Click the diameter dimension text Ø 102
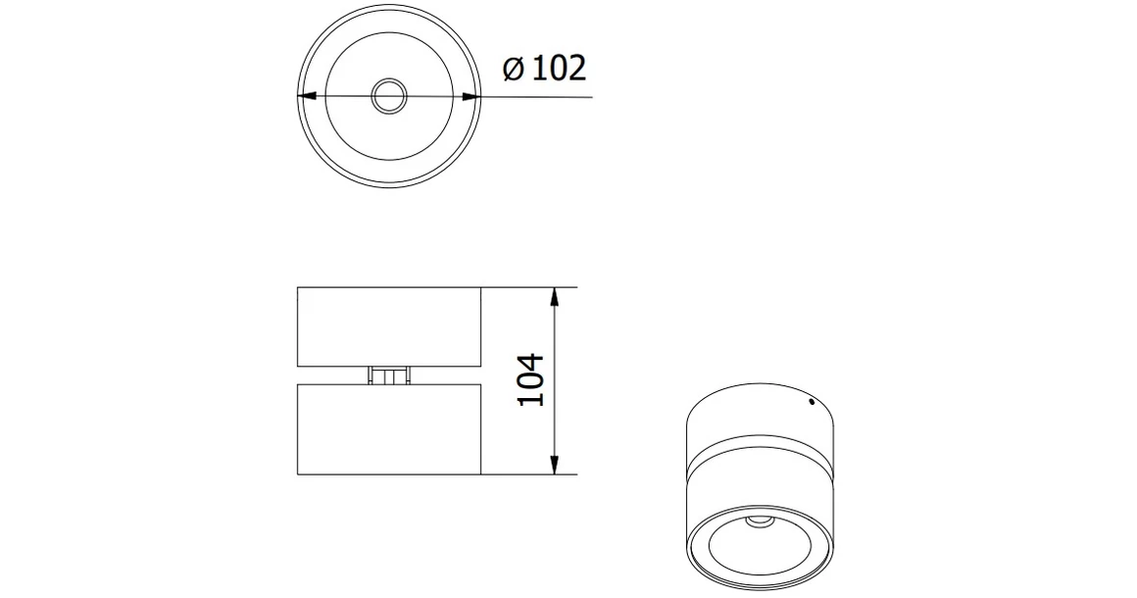coord(544,69)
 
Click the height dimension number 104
coord(528,380)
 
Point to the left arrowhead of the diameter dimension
coord(305,96)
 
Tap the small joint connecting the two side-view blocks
coord(388,375)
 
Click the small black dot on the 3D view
coord(811,400)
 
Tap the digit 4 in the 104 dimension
coord(528,360)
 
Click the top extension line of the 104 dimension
coord(529,287)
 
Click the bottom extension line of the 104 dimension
coord(529,475)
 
